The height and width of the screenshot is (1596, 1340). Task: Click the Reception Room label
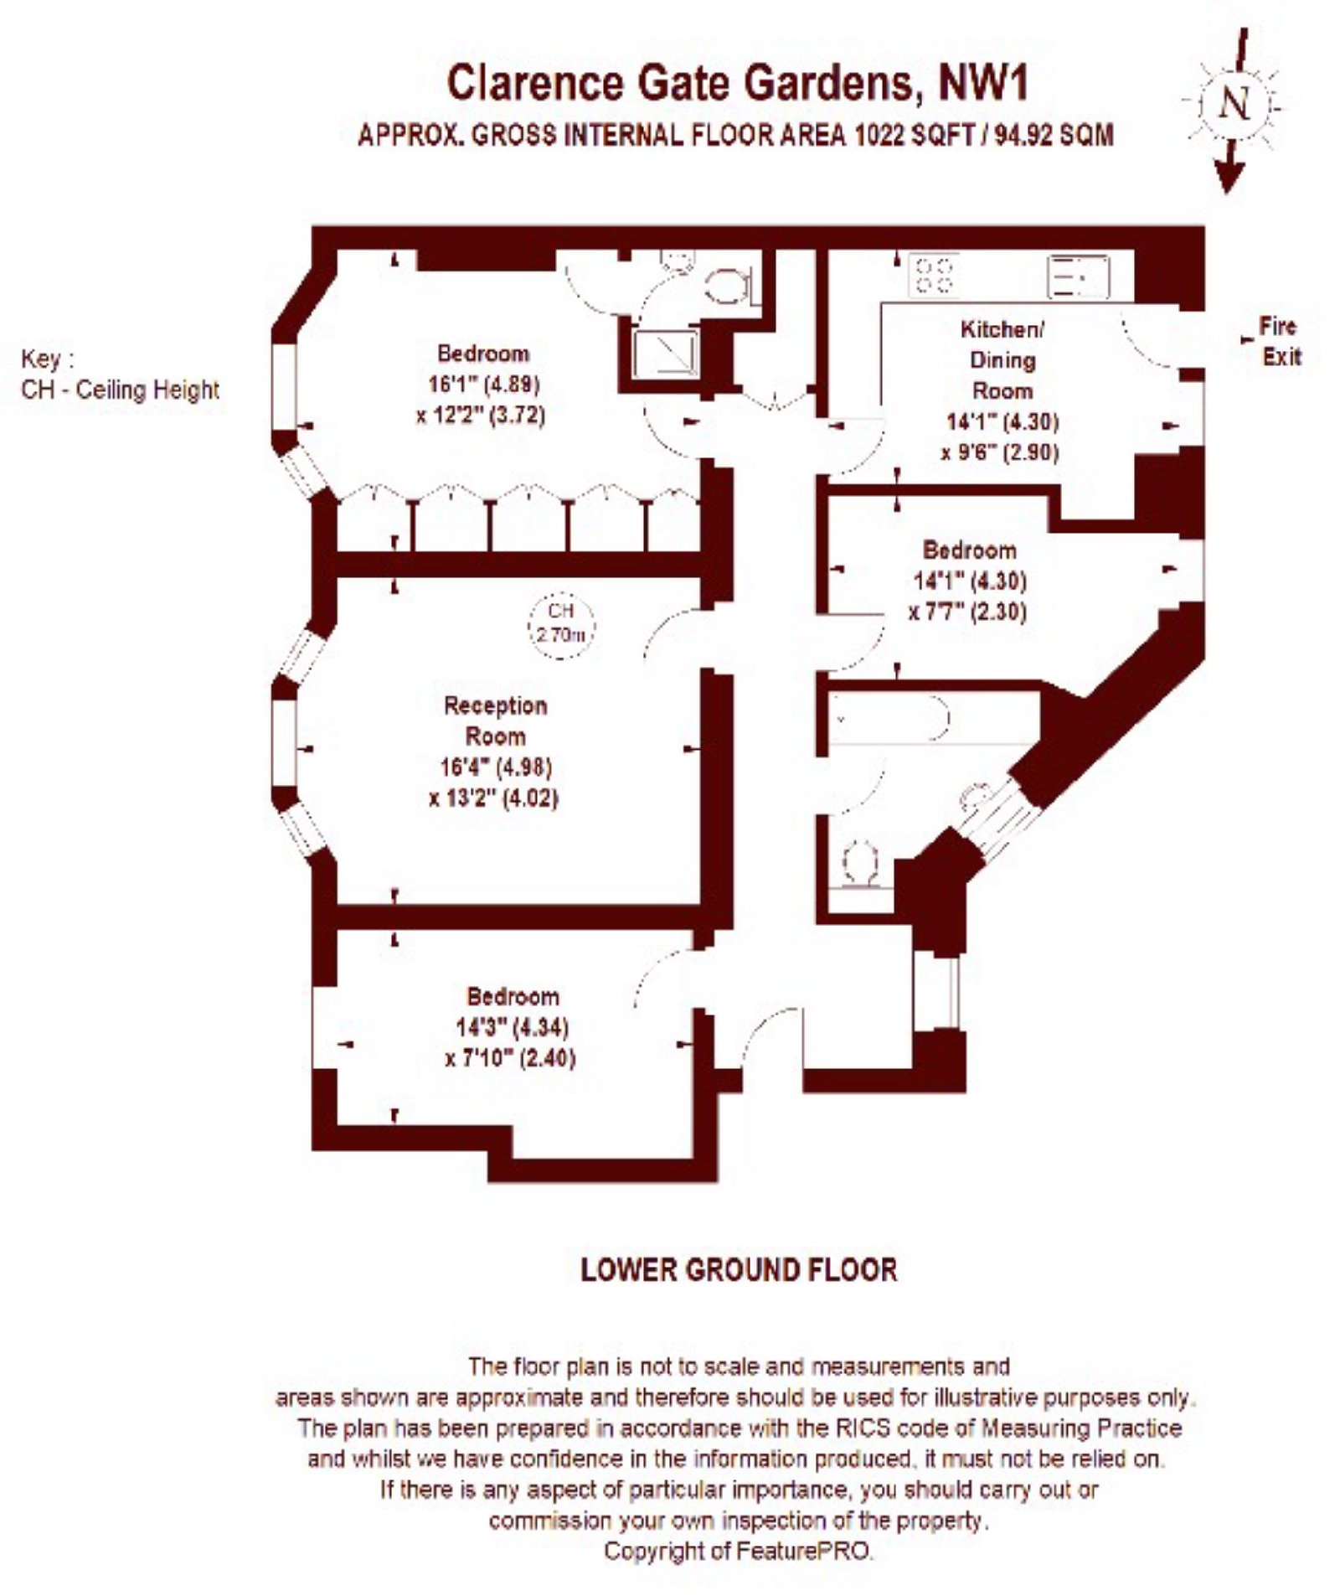click(x=495, y=721)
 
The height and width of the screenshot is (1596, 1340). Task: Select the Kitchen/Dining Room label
click(x=1002, y=359)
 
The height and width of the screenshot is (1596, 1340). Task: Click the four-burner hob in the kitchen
click(x=933, y=274)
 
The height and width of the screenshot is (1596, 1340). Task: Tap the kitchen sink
click(x=1078, y=276)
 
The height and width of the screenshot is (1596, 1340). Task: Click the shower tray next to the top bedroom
click(x=664, y=351)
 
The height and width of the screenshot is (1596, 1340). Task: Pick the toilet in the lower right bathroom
click(x=858, y=864)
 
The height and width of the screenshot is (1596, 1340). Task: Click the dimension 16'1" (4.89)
click(x=483, y=384)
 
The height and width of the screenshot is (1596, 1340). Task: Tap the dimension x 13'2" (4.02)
click(x=493, y=797)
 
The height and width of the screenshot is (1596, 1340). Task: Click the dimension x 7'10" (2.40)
click(x=510, y=1058)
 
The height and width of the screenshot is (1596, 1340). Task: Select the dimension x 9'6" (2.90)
click(x=999, y=452)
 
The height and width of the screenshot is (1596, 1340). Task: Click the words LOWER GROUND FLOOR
click(x=739, y=1269)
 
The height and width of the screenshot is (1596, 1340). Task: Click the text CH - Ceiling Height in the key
click(x=120, y=390)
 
